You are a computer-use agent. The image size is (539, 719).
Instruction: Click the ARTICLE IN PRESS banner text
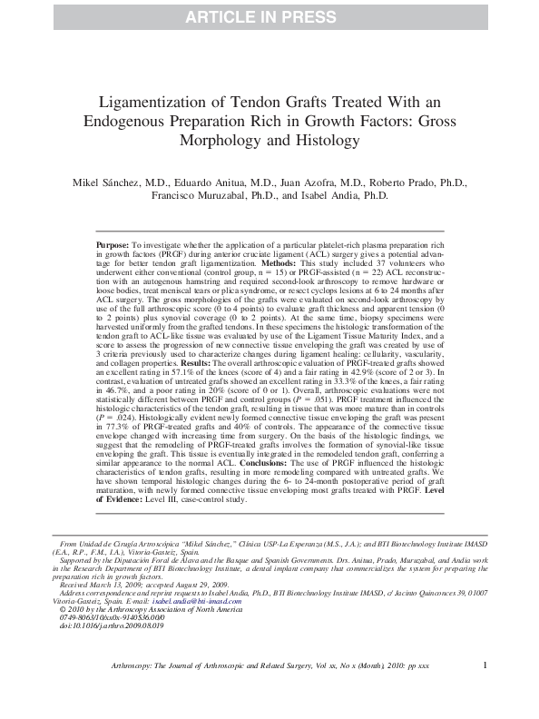tap(269, 15)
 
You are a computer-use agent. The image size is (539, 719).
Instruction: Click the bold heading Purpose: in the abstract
tap(113, 246)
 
